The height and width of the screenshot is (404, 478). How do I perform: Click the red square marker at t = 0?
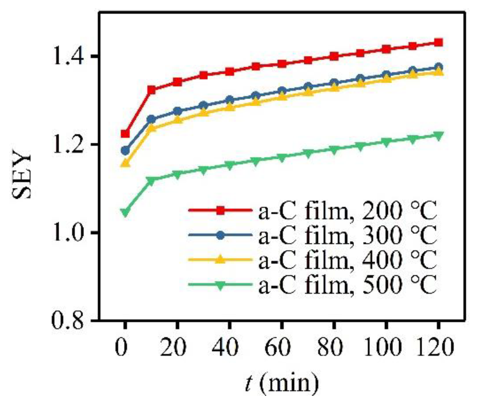(125, 134)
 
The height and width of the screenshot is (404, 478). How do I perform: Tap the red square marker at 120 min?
(438, 43)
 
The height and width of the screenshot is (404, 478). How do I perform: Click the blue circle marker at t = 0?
(125, 151)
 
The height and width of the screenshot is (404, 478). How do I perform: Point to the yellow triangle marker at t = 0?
(125, 163)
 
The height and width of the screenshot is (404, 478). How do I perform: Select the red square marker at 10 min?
(151, 90)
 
